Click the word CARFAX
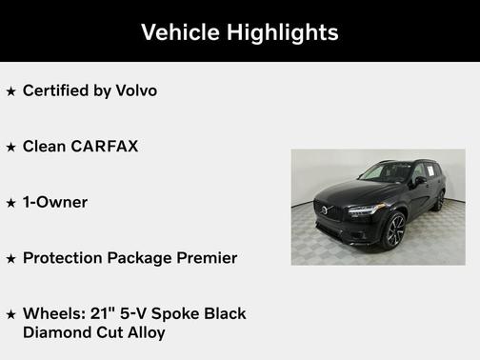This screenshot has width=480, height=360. point(106,146)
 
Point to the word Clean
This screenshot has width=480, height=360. point(44,146)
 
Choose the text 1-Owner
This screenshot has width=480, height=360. point(55,202)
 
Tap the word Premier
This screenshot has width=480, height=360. point(207,257)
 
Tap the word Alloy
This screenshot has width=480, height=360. point(145,331)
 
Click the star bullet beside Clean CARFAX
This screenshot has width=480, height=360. point(11,147)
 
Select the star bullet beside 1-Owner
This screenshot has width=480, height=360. point(11,203)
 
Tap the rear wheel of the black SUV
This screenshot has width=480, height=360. point(439,200)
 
